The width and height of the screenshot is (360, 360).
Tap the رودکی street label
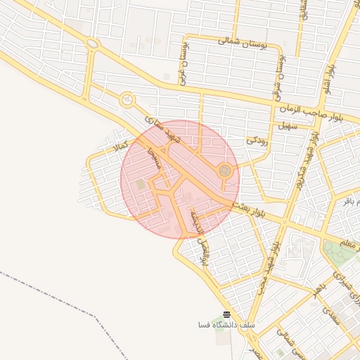(255, 140)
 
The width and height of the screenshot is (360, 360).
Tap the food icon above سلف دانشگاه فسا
(226, 314)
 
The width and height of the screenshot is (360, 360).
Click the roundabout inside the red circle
(224, 170)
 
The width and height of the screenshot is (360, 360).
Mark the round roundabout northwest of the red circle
(127, 100)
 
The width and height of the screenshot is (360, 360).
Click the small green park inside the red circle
(141, 184)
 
